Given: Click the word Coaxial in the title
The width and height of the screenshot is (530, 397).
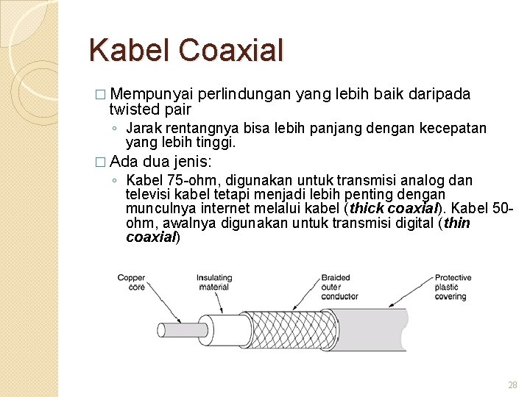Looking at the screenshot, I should [x=230, y=50].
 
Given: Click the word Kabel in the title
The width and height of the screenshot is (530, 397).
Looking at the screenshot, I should [x=130, y=50].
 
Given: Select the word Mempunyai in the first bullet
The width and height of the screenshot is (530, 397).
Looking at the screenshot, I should [x=153, y=95].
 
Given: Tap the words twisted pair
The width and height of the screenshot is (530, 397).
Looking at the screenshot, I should [x=149, y=110].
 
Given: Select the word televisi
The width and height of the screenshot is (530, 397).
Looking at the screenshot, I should [x=149, y=195].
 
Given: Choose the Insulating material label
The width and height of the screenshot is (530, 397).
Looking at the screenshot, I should [x=213, y=283].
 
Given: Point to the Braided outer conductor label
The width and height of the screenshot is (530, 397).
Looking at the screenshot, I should [x=339, y=287].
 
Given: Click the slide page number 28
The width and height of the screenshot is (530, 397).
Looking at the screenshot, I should [x=512, y=385].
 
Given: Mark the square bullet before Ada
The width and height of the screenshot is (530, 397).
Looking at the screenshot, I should [x=101, y=162].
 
